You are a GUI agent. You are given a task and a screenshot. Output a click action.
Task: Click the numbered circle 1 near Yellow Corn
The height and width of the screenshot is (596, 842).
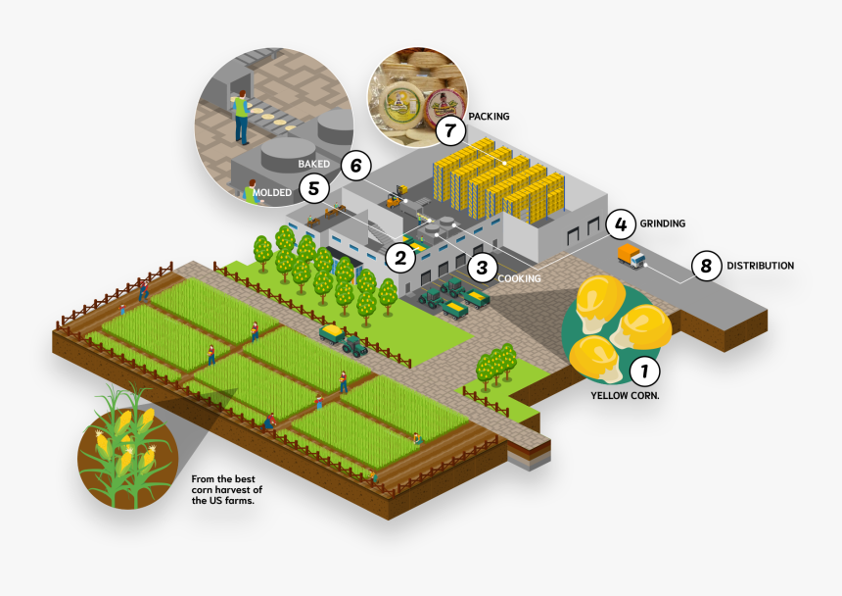click(x=643, y=372)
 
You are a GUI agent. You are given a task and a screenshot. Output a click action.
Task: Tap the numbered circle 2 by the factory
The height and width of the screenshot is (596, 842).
click(x=398, y=259)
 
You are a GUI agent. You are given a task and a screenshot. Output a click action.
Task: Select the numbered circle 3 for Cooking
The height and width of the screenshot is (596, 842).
click(x=481, y=265)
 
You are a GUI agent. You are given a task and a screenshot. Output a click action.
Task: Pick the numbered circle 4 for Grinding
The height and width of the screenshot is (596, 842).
click(x=620, y=223)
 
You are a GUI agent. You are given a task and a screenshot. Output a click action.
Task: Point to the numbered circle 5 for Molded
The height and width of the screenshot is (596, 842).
click(x=312, y=187)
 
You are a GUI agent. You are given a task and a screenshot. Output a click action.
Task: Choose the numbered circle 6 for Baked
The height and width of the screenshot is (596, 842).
click(x=355, y=165)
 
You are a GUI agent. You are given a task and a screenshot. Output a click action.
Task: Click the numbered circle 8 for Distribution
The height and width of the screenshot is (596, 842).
click(x=706, y=265)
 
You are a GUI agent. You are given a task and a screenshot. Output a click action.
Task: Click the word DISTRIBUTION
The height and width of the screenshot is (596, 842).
click(x=760, y=266)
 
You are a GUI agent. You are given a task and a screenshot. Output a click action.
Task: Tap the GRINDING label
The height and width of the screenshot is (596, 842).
click(x=663, y=223)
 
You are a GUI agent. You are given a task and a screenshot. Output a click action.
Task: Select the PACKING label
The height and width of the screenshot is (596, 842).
click(x=489, y=117)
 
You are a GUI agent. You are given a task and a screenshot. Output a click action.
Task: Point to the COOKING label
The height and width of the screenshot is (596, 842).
click(x=519, y=278)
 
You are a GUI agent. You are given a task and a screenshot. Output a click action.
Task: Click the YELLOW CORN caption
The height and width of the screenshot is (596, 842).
click(x=625, y=396)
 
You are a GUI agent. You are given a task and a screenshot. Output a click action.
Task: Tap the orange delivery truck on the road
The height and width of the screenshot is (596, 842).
click(x=631, y=257)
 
